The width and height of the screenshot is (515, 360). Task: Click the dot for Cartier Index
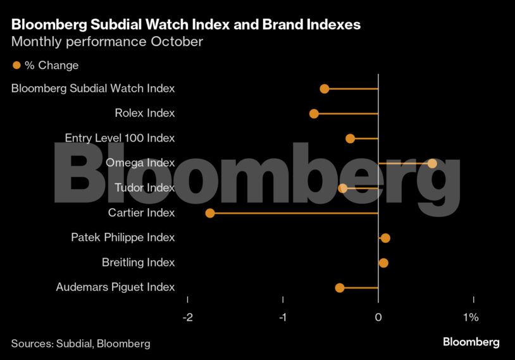click(x=210, y=213)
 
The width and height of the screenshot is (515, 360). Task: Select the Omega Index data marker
click(x=432, y=163)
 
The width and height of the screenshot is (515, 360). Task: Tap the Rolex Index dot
click(x=314, y=113)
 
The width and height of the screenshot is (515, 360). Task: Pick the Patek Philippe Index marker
click(x=385, y=238)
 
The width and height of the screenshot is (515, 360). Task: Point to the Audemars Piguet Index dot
click(x=340, y=288)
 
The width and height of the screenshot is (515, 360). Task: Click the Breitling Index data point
click(x=383, y=263)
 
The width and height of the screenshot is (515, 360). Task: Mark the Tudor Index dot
click(x=343, y=188)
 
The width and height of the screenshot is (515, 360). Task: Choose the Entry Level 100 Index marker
click(x=351, y=139)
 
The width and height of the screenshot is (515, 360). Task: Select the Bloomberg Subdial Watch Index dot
click(x=325, y=89)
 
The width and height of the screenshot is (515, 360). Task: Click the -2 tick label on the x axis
click(x=187, y=317)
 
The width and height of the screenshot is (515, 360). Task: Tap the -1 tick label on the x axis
click(x=283, y=317)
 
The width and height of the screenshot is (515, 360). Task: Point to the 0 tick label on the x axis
click(x=378, y=317)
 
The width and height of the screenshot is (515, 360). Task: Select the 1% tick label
click(x=471, y=317)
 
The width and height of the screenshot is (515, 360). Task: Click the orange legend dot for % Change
click(x=16, y=65)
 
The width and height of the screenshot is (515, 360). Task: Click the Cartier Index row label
click(x=141, y=213)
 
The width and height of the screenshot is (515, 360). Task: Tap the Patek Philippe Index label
click(x=123, y=237)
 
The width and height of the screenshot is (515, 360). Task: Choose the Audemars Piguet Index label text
click(x=115, y=287)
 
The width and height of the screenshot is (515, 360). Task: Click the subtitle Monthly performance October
click(x=107, y=42)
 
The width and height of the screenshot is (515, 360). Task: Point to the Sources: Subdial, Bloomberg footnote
click(x=80, y=344)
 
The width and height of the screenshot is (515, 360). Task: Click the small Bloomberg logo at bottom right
click(x=471, y=342)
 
